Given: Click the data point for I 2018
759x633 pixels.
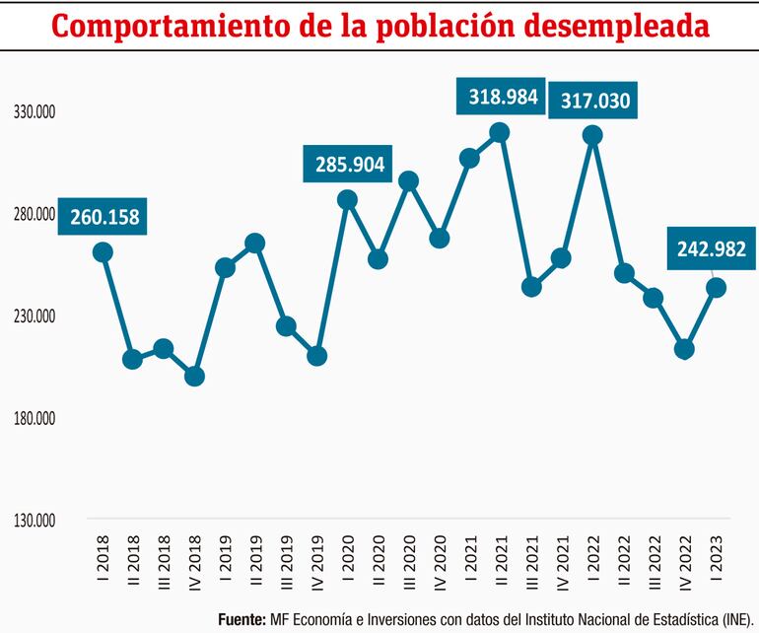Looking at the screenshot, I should click(103, 252).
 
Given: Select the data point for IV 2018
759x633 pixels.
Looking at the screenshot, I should click(194, 376).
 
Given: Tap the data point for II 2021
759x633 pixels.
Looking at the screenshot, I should click(499, 132).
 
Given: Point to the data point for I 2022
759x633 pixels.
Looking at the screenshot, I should click(592, 135).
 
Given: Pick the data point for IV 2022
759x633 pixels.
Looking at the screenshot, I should click(684, 349).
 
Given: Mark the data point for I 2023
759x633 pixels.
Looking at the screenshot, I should click(717, 288).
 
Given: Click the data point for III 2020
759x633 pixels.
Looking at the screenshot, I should click(408, 180).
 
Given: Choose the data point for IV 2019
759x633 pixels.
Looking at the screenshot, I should click(316, 356).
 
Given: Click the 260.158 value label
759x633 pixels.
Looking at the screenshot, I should click(103, 216).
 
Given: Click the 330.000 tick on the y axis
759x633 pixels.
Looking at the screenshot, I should click(33, 113).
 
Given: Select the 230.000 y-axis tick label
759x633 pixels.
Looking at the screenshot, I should click(33, 316).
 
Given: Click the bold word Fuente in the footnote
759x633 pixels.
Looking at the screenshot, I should click(241, 619).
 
